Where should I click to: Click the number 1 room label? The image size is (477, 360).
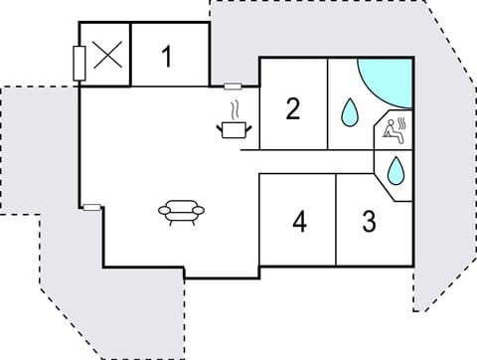[x=167, y=56]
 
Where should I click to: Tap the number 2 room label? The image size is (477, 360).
[x=292, y=108]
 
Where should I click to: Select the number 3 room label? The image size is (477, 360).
[x=369, y=221]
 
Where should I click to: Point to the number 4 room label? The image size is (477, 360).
[x=299, y=221]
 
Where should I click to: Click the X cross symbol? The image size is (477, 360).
[x=106, y=55]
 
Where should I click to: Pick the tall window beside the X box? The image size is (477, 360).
[x=79, y=63]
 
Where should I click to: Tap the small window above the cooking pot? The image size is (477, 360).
[x=233, y=87]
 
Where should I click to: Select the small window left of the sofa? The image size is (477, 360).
[x=91, y=207]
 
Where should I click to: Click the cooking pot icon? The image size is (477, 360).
[x=234, y=128]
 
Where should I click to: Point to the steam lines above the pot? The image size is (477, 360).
[x=236, y=109]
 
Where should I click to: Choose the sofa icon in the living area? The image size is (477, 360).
[x=181, y=211]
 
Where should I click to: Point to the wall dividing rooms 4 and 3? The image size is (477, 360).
[x=336, y=220]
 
